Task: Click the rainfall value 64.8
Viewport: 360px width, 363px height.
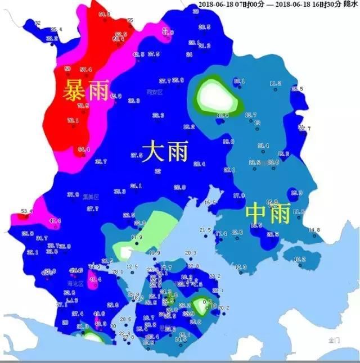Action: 104,14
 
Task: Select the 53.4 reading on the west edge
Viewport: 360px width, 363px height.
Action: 27,211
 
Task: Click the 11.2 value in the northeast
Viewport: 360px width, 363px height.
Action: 275,84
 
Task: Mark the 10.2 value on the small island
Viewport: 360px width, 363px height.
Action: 300,259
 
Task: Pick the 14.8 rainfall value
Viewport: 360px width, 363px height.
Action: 314,230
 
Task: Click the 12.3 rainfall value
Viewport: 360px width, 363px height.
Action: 241,266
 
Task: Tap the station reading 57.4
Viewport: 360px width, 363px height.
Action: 85,70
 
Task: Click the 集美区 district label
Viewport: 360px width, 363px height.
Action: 91,197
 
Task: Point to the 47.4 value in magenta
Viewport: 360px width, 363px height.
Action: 55,221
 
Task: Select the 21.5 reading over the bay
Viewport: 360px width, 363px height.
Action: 205,230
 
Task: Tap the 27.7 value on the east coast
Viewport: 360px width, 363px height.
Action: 304,129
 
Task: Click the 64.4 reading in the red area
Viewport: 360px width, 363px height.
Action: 84,149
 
